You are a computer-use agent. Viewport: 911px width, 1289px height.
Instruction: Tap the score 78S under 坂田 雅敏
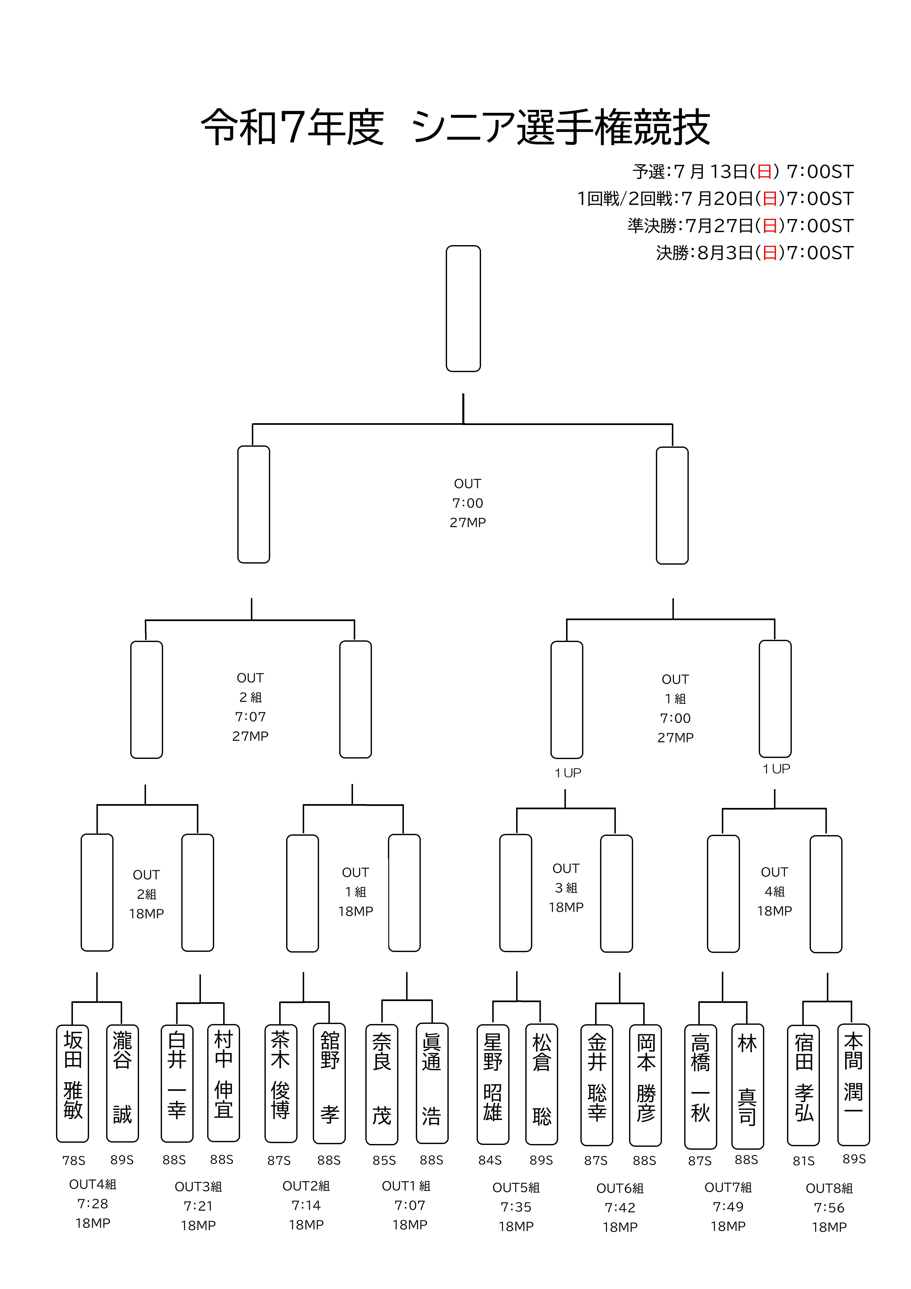(x=73, y=1160)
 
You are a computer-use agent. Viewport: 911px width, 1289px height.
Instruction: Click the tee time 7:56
(x=829, y=1208)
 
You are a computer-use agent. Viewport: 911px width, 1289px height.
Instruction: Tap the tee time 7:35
(x=516, y=1207)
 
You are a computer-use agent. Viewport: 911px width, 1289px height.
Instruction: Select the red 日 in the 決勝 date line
(x=770, y=253)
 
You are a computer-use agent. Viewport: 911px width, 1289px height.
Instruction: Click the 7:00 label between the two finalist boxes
(x=468, y=503)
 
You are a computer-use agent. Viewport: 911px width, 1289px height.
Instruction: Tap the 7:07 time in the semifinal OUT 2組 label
(x=250, y=717)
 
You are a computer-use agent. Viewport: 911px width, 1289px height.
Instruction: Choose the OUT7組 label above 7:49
(x=728, y=1187)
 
